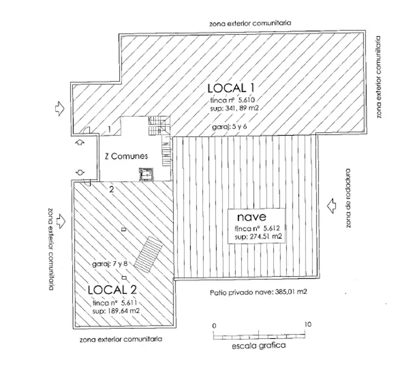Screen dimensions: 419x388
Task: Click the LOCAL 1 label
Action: (231, 88)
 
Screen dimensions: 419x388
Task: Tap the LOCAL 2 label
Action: (112, 290)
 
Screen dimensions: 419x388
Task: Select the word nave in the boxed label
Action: (251, 217)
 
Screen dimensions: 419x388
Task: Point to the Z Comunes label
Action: (126, 156)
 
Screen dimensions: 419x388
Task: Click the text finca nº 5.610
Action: (233, 100)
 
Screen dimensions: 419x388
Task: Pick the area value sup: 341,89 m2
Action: (234, 108)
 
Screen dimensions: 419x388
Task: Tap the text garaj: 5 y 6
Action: (229, 127)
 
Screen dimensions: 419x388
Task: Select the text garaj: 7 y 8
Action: (110, 264)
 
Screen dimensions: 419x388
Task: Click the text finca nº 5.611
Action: (115, 303)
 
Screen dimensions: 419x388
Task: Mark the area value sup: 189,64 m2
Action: (116, 311)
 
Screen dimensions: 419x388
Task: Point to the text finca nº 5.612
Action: (257, 229)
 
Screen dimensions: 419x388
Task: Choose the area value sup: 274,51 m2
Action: (258, 236)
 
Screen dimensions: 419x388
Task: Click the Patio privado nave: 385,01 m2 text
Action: (258, 292)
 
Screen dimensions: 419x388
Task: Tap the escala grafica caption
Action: (258, 346)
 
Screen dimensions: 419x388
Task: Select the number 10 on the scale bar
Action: (308, 324)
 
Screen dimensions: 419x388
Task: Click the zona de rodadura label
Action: (348, 198)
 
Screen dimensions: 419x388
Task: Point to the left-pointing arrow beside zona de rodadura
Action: (331, 206)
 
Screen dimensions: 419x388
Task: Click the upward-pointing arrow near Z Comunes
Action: (80, 142)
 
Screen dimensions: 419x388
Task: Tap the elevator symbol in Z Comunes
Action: (146, 174)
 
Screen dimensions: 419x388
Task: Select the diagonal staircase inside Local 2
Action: (148, 255)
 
